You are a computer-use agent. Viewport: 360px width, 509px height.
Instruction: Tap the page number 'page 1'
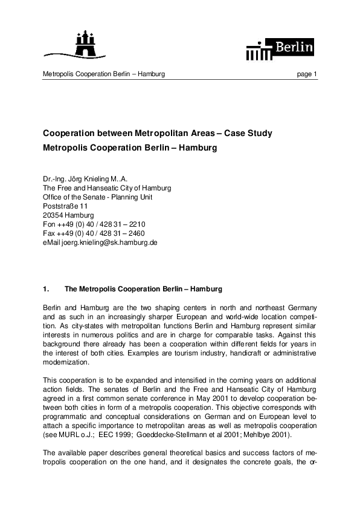(x=307, y=74)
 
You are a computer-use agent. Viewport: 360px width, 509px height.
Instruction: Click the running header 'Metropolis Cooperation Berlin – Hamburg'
(x=104, y=74)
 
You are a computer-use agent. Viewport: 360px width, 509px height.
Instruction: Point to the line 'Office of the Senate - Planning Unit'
(x=97, y=197)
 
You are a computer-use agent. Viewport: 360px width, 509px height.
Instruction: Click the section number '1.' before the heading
(x=46, y=289)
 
